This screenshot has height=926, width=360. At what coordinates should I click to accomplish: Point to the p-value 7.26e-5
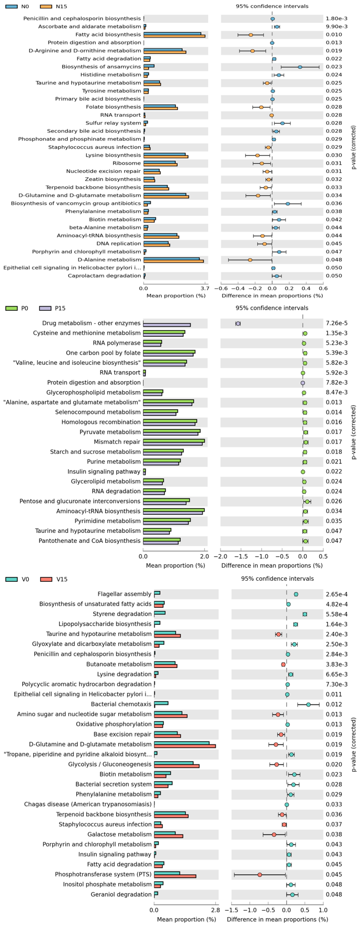[x=336, y=323]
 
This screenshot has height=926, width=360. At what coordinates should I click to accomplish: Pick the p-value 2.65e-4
[x=336, y=594]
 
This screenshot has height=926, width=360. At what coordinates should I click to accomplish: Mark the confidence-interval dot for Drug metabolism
[x=238, y=324]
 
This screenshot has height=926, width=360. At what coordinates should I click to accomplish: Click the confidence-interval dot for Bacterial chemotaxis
[x=308, y=704]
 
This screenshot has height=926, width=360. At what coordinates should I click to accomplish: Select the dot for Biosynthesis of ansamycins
[x=300, y=67]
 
